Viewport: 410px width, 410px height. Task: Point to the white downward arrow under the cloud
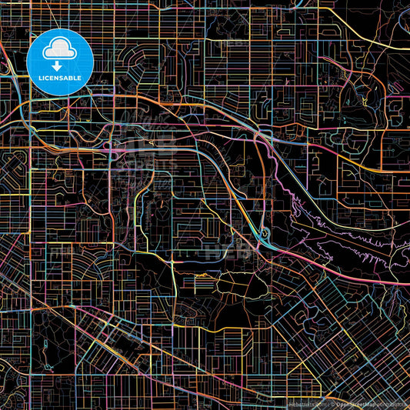pyautogui.click(x=59, y=65)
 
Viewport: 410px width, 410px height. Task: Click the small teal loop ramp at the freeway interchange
pyautogui.click(x=265, y=233)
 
